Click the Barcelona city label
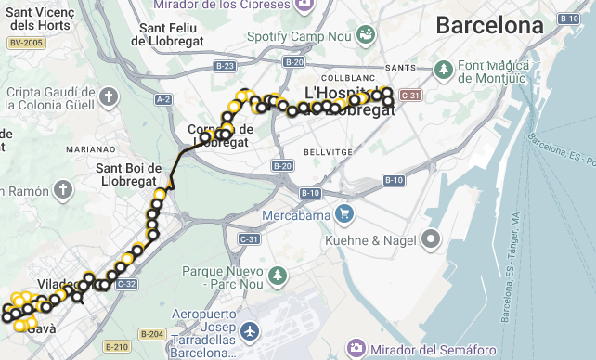489,25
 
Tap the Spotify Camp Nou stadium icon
366,36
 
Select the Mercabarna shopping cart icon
344,214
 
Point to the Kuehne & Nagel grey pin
430,240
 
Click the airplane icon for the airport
249,331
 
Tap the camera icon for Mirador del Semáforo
356,349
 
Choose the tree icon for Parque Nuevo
277,276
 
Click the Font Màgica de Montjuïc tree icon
444,70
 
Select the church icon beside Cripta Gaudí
109,96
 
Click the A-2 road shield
163,99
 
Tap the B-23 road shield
224,66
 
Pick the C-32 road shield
127,284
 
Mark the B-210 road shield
116,347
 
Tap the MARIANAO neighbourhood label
91,148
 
